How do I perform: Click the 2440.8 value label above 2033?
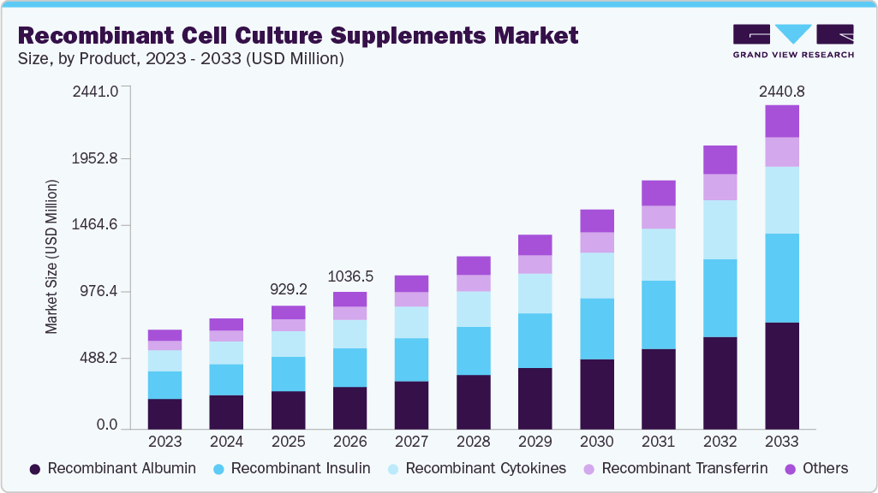782,92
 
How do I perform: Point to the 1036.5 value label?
350,277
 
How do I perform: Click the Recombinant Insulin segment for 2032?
720,298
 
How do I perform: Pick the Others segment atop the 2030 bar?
597,221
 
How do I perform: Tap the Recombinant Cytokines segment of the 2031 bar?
659,254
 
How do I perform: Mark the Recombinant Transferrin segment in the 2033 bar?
782,151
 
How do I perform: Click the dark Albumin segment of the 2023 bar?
165,413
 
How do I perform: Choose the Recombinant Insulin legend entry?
291,468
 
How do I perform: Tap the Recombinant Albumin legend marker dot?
35,469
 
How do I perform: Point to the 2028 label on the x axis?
474,442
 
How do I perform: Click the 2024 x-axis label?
227,442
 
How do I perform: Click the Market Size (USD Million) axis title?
51,257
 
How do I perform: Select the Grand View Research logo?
793,41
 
